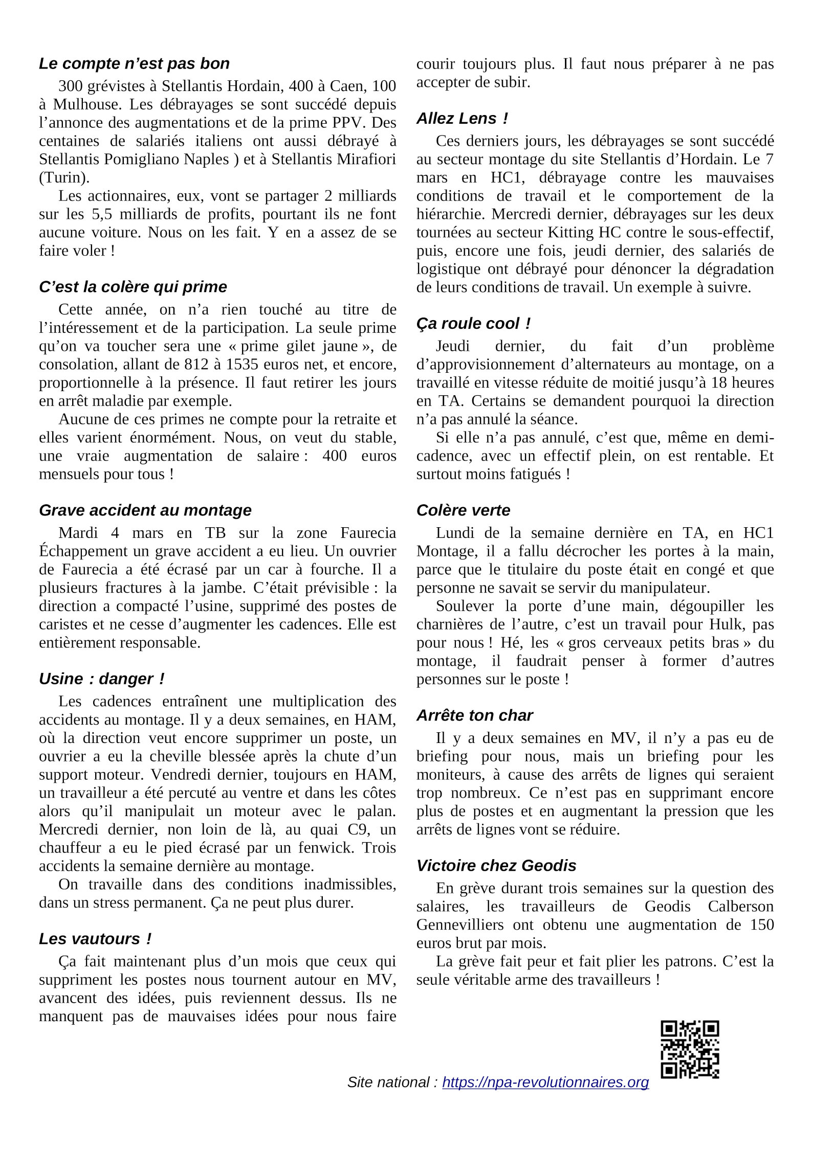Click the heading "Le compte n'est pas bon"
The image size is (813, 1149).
(134, 64)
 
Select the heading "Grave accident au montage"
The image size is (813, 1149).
(145, 510)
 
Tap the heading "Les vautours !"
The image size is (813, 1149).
(95, 939)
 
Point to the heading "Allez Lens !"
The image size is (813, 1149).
(462, 119)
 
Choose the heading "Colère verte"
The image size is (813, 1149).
(463, 510)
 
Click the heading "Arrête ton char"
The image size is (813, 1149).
(474, 715)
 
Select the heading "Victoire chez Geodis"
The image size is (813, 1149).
(496, 866)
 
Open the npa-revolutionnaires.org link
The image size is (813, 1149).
(545, 1083)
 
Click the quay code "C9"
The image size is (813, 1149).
(358, 829)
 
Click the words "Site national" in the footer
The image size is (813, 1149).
(388, 1083)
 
